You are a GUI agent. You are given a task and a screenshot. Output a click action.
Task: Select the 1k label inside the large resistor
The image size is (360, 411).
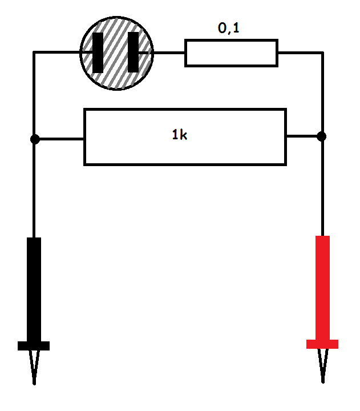(x=179, y=135)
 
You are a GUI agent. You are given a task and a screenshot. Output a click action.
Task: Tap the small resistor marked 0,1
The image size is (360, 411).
(x=231, y=53)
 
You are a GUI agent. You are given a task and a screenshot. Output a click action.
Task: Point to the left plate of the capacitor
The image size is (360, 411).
(x=98, y=53)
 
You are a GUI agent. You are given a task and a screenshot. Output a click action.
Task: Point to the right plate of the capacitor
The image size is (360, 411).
(x=133, y=53)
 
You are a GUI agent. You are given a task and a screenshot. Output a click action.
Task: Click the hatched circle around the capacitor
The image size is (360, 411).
(x=116, y=74)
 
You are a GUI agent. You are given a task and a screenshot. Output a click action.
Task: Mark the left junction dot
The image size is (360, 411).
(x=34, y=139)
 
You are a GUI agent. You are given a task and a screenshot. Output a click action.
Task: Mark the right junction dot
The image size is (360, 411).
(x=322, y=136)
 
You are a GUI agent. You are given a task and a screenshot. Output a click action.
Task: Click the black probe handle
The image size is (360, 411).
(x=34, y=288)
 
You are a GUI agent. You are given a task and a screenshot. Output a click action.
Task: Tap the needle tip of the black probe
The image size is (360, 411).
(x=34, y=381)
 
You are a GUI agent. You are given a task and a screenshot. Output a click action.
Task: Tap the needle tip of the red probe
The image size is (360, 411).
(x=323, y=380)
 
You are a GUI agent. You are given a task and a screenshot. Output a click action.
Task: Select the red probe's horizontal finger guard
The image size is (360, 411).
(x=322, y=344)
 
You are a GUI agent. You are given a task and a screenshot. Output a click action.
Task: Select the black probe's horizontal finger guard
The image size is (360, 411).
(x=34, y=345)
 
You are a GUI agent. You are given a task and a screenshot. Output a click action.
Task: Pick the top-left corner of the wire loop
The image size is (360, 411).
(x=34, y=53)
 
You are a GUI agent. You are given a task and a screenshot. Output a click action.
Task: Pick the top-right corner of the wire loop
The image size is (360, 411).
(x=322, y=53)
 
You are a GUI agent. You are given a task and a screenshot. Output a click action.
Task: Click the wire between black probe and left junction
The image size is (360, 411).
(x=34, y=188)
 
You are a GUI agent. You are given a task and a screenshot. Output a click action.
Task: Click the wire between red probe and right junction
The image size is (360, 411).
(x=322, y=186)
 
